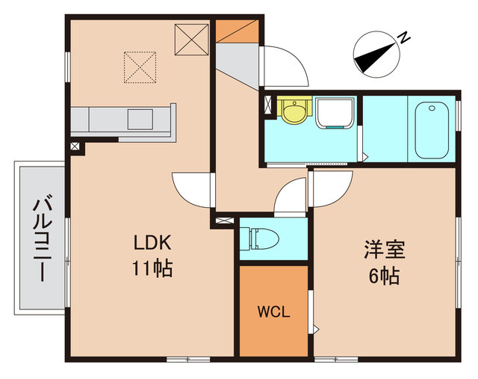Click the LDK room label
(153, 243)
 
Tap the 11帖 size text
(153, 268)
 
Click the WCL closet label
(273, 312)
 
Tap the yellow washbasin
(293, 111)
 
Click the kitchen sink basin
(140, 119)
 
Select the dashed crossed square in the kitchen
(140, 66)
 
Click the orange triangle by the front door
(238, 34)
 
